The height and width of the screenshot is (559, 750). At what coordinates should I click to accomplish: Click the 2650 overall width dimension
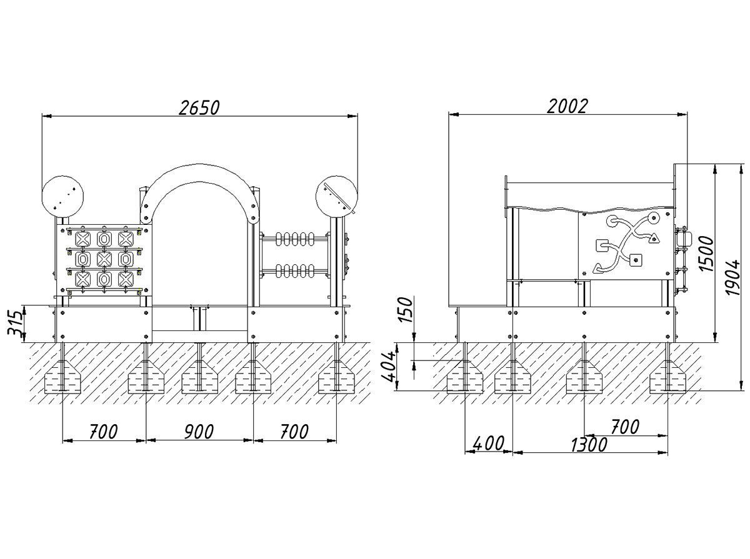pyautogui.click(x=199, y=107)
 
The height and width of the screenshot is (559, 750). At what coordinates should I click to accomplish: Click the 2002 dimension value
pyautogui.click(x=567, y=106)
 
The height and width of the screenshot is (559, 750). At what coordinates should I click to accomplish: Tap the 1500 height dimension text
pyautogui.click(x=706, y=254)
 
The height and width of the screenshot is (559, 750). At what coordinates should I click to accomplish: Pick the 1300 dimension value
pyautogui.click(x=588, y=445)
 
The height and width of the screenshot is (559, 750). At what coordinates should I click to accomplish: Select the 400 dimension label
pyautogui.click(x=488, y=444)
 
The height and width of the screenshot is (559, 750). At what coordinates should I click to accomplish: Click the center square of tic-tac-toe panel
pyautogui.click(x=104, y=257)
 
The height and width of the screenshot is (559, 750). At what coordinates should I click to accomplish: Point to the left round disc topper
pyautogui.click(x=62, y=195)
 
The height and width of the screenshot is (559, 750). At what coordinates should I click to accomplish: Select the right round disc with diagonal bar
pyautogui.click(x=336, y=196)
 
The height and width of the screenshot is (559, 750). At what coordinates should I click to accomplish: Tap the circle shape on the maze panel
pyautogui.click(x=653, y=219)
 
